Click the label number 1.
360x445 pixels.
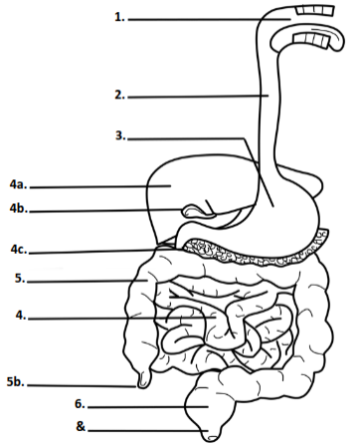[121, 18]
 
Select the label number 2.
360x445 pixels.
[120, 96]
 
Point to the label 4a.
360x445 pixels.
[17, 185]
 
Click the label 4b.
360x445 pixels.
[17, 209]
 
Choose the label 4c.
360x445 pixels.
[17, 249]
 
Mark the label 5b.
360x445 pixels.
[15, 382]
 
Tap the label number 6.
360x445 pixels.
[80, 405]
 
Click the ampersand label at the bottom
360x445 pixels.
[81, 428]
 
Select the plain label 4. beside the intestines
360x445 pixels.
[21, 317]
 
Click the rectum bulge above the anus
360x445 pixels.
[207, 406]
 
